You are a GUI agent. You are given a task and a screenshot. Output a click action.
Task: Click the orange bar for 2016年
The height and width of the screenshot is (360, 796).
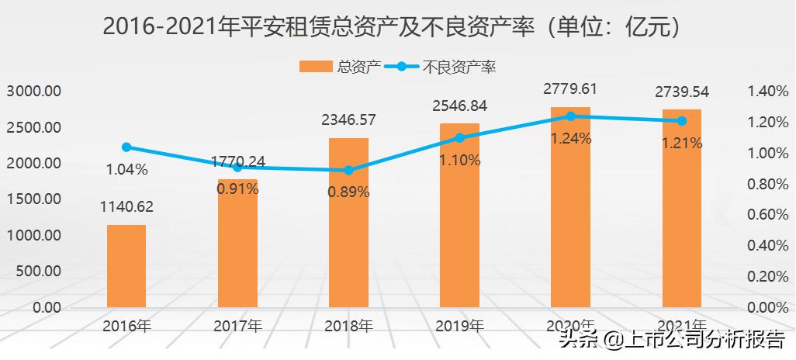click(x=126, y=266)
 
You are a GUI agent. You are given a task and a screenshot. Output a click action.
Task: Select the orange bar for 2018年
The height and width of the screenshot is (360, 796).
click(x=348, y=225)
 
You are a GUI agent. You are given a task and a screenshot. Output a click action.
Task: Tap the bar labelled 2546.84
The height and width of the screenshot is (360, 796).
click(x=459, y=217)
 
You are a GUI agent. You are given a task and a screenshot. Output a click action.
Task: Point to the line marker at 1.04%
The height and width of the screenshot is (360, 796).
click(x=126, y=147)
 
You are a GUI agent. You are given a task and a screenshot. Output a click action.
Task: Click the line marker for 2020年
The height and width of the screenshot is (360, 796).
click(x=570, y=116)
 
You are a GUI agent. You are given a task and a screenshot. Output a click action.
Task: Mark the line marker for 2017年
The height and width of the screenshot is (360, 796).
click(x=237, y=167)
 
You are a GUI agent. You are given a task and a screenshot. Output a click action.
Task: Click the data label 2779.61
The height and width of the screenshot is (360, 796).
click(x=569, y=89)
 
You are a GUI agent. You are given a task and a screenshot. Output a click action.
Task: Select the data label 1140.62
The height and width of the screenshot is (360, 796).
click(x=126, y=206)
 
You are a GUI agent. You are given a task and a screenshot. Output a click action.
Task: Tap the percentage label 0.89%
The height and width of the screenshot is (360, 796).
click(x=348, y=192)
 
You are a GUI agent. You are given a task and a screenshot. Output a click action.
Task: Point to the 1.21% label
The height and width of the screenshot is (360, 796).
click(x=681, y=143)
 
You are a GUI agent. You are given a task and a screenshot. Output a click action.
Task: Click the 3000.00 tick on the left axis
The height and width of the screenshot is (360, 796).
click(x=34, y=91)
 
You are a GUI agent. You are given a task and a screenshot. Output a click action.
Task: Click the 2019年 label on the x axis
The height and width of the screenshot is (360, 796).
click(x=459, y=326)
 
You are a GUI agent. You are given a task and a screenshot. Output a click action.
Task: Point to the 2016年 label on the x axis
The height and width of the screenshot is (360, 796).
click(x=126, y=326)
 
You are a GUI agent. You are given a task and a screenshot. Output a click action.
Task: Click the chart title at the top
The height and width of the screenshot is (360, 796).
click(x=397, y=27)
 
